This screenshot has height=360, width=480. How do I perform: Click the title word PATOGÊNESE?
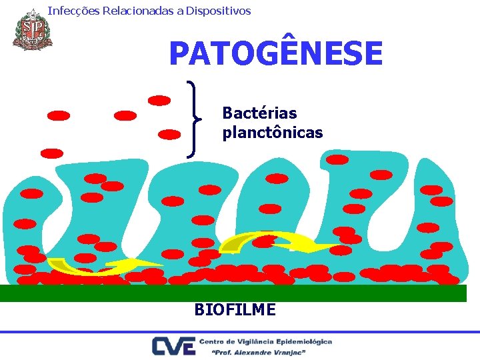(275, 53)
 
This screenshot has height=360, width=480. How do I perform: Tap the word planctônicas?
(272, 133)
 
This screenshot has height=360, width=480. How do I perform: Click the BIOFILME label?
(235, 309)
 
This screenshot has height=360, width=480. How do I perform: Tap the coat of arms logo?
(31, 29)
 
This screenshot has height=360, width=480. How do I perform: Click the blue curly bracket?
(194, 119)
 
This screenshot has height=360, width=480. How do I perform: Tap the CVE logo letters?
(173, 346)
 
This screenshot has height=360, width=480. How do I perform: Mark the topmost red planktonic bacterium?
(159, 101)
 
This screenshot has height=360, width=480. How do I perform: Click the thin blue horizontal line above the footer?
(240, 331)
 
